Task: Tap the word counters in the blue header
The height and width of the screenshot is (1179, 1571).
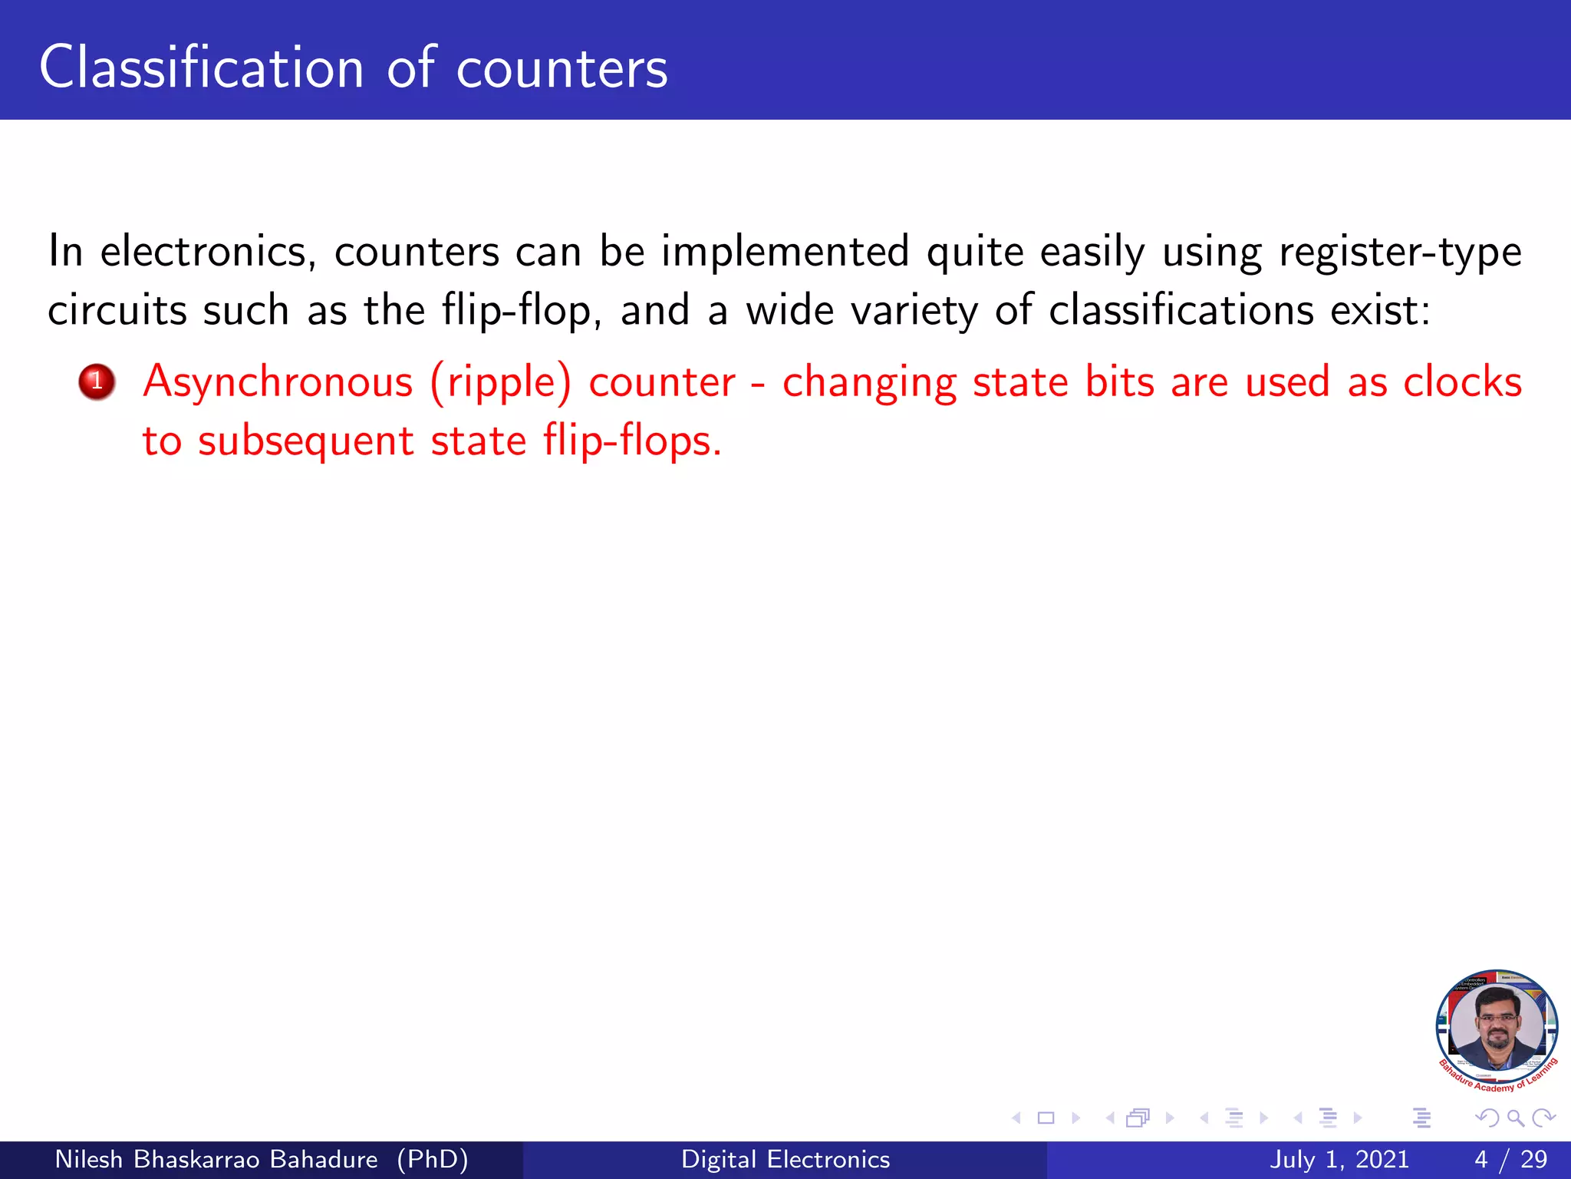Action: [x=562, y=69]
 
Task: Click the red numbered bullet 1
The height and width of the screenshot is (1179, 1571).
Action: [x=97, y=381]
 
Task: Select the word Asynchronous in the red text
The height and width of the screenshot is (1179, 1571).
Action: [x=278, y=382]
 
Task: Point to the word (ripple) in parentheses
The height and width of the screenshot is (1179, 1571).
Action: [x=500, y=382]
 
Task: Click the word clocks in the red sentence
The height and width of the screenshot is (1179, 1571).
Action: [x=1462, y=381]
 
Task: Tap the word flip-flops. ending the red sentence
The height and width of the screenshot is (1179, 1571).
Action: [x=632, y=441]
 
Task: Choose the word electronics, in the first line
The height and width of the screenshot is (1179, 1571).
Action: [x=208, y=252]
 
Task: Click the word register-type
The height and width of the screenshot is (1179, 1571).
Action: [x=1400, y=252]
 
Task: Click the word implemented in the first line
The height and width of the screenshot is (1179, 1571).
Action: [x=785, y=252]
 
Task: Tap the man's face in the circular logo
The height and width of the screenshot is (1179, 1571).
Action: [x=1497, y=1025]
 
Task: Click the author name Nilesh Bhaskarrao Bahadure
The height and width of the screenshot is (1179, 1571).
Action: [x=216, y=1159]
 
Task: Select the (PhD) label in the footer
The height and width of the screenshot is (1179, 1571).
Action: [x=433, y=1159]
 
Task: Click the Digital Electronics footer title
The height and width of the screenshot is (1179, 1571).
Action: [x=785, y=1159]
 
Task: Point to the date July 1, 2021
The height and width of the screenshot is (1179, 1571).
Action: [x=1339, y=1159]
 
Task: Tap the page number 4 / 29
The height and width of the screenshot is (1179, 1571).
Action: [x=1510, y=1159]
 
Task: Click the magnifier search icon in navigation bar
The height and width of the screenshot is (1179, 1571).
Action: [x=1515, y=1118]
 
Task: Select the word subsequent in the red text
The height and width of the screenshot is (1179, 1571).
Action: [x=305, y=441]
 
